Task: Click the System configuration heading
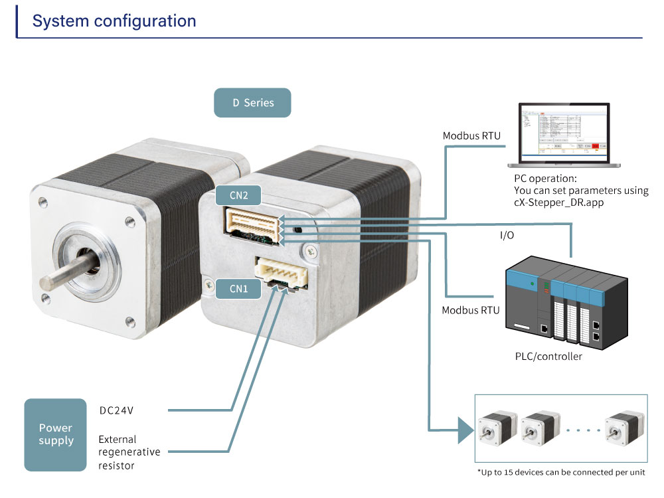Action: [114, 21]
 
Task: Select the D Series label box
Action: [252, 103]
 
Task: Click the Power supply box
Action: [55, 435]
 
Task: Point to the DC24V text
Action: [116, 410]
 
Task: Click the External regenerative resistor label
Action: [129, 452]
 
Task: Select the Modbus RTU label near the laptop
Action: [471, 136]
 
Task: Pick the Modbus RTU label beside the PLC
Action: [471, 310]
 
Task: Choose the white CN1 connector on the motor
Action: [283, 272]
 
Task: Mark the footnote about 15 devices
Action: [560, 472]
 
